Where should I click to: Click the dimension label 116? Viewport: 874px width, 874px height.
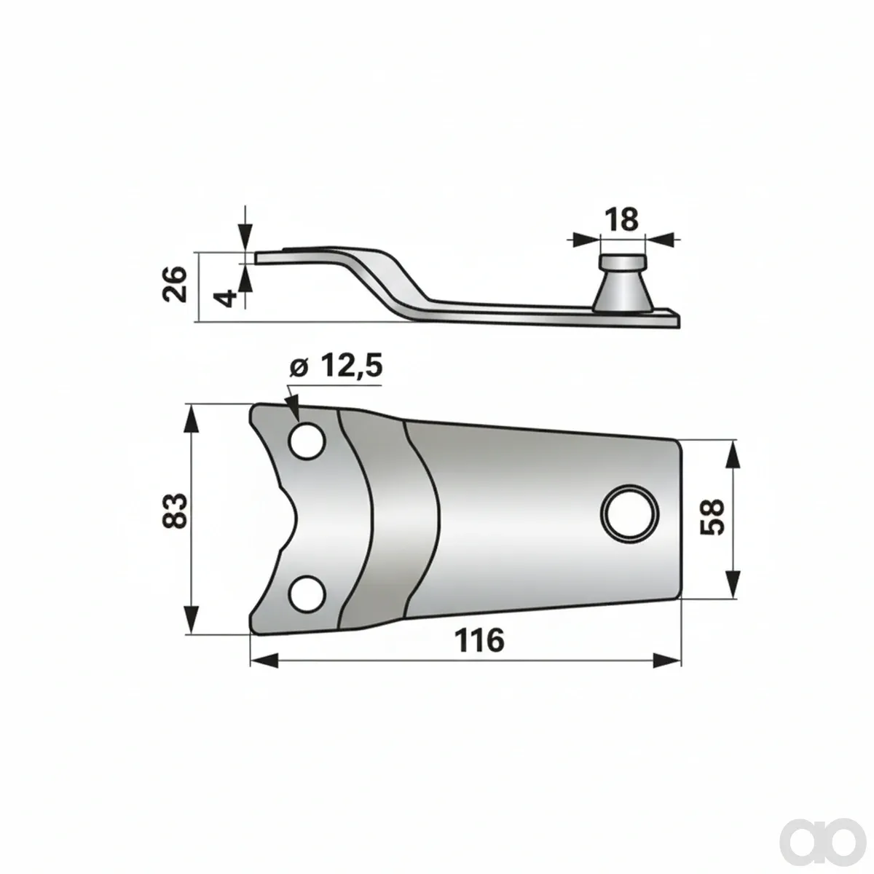click(479, 640)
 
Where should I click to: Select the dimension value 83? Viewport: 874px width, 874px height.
click(175, 511)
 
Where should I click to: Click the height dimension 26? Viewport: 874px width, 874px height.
click(175, 284)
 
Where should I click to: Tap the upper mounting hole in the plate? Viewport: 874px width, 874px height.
click(308, 441)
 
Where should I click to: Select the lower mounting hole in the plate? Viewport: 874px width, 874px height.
click(308, 594)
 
